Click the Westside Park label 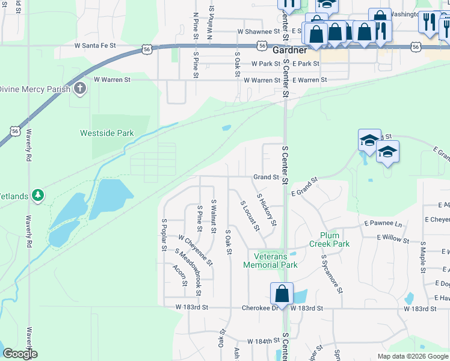107,133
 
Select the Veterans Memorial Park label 270,261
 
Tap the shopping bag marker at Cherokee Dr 282,294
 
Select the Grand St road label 266,177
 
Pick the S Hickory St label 267,209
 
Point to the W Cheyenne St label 196,250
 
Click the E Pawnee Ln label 383,223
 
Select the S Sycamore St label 331,273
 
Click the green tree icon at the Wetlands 38,195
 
